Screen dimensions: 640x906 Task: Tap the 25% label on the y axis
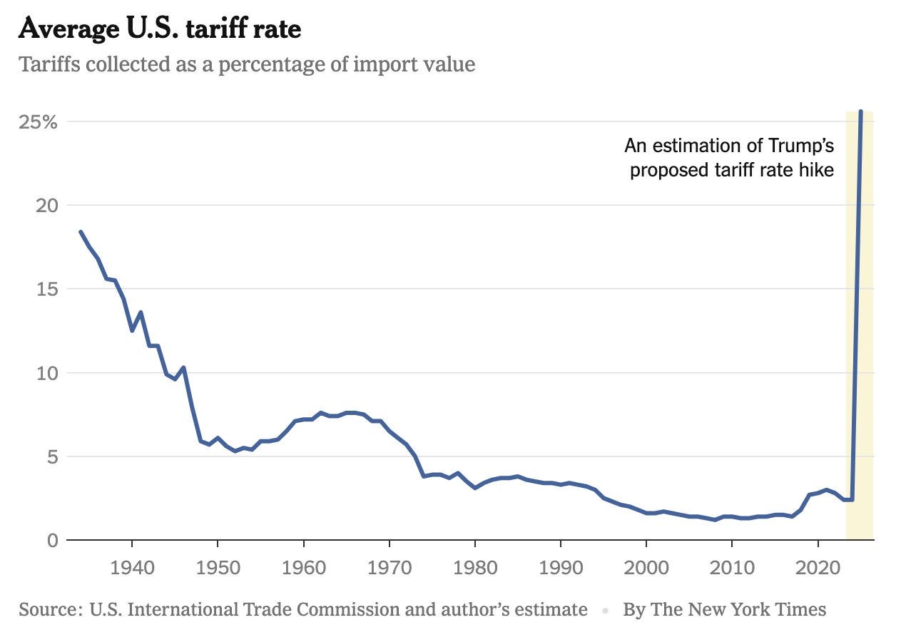[x=38, y=121]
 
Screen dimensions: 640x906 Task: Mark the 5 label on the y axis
[x=51, y=456]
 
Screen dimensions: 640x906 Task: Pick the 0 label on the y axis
[x=51, y=540]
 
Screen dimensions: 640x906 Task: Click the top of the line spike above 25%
[x=861, y=111]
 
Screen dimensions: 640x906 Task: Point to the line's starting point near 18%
[x=81, y=231]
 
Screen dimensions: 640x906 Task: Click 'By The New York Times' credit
[x=724, y=609]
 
